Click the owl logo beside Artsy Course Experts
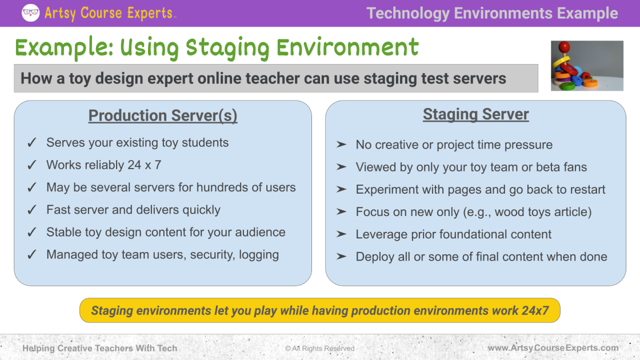point(30,13)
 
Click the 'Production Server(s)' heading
point(163,116)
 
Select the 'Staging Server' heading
point(475,114)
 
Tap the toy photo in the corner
point(587,66)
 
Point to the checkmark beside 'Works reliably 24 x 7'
point(33,165)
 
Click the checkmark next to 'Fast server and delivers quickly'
point(33,210)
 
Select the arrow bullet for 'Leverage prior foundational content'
point(342,234)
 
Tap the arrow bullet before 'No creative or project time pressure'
point(342,145)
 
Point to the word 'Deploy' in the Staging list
point(374,257)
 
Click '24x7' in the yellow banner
point(535,311)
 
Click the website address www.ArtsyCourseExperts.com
point(553,348)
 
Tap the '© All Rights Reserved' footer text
point(319,349)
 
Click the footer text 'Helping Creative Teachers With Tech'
point(100,348)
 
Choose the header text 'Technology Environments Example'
point(492,13)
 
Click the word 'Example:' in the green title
point(64,48)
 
